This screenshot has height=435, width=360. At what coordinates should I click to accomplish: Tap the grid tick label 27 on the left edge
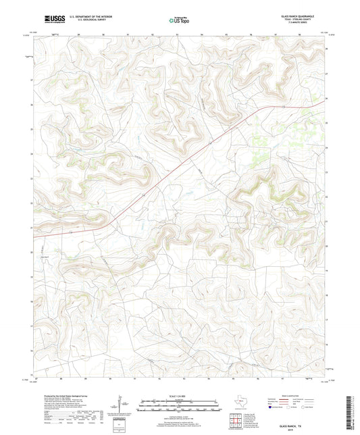(x=30, y=80)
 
